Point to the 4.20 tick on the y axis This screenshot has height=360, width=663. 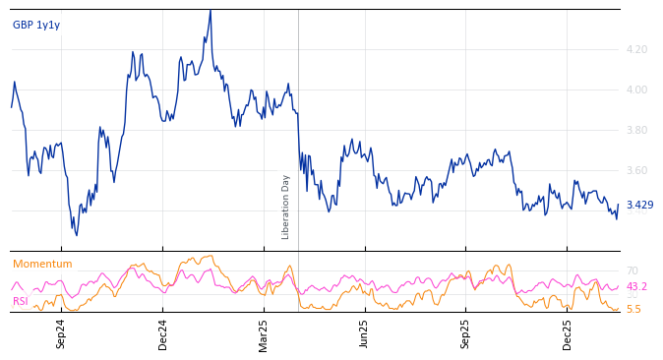click(636, 49)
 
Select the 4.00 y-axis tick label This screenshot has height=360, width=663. click(636, 90)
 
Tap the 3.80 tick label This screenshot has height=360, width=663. click(636, 130)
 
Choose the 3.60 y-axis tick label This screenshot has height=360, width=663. click(636, 170)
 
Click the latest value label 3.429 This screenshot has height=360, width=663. click(639, 206)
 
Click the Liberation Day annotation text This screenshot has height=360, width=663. click(286, 207)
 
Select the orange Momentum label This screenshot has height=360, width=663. click(42, 265)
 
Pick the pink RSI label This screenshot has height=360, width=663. click(20, 302)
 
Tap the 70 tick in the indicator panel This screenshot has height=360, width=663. click(632, 270)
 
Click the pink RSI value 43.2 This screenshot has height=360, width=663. click(636, 287)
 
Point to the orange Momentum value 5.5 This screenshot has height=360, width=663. click(633, 309)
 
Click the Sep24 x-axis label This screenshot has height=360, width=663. click(61, 334)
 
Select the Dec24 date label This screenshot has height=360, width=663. click(163, 334)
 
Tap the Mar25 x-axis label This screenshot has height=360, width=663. click(264, 334)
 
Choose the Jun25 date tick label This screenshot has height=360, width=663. click(365, 334)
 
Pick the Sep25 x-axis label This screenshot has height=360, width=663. click(466, 334)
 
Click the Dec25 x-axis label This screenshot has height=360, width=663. click(568, 334)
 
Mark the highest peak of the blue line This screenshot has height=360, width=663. click(210, 12)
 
